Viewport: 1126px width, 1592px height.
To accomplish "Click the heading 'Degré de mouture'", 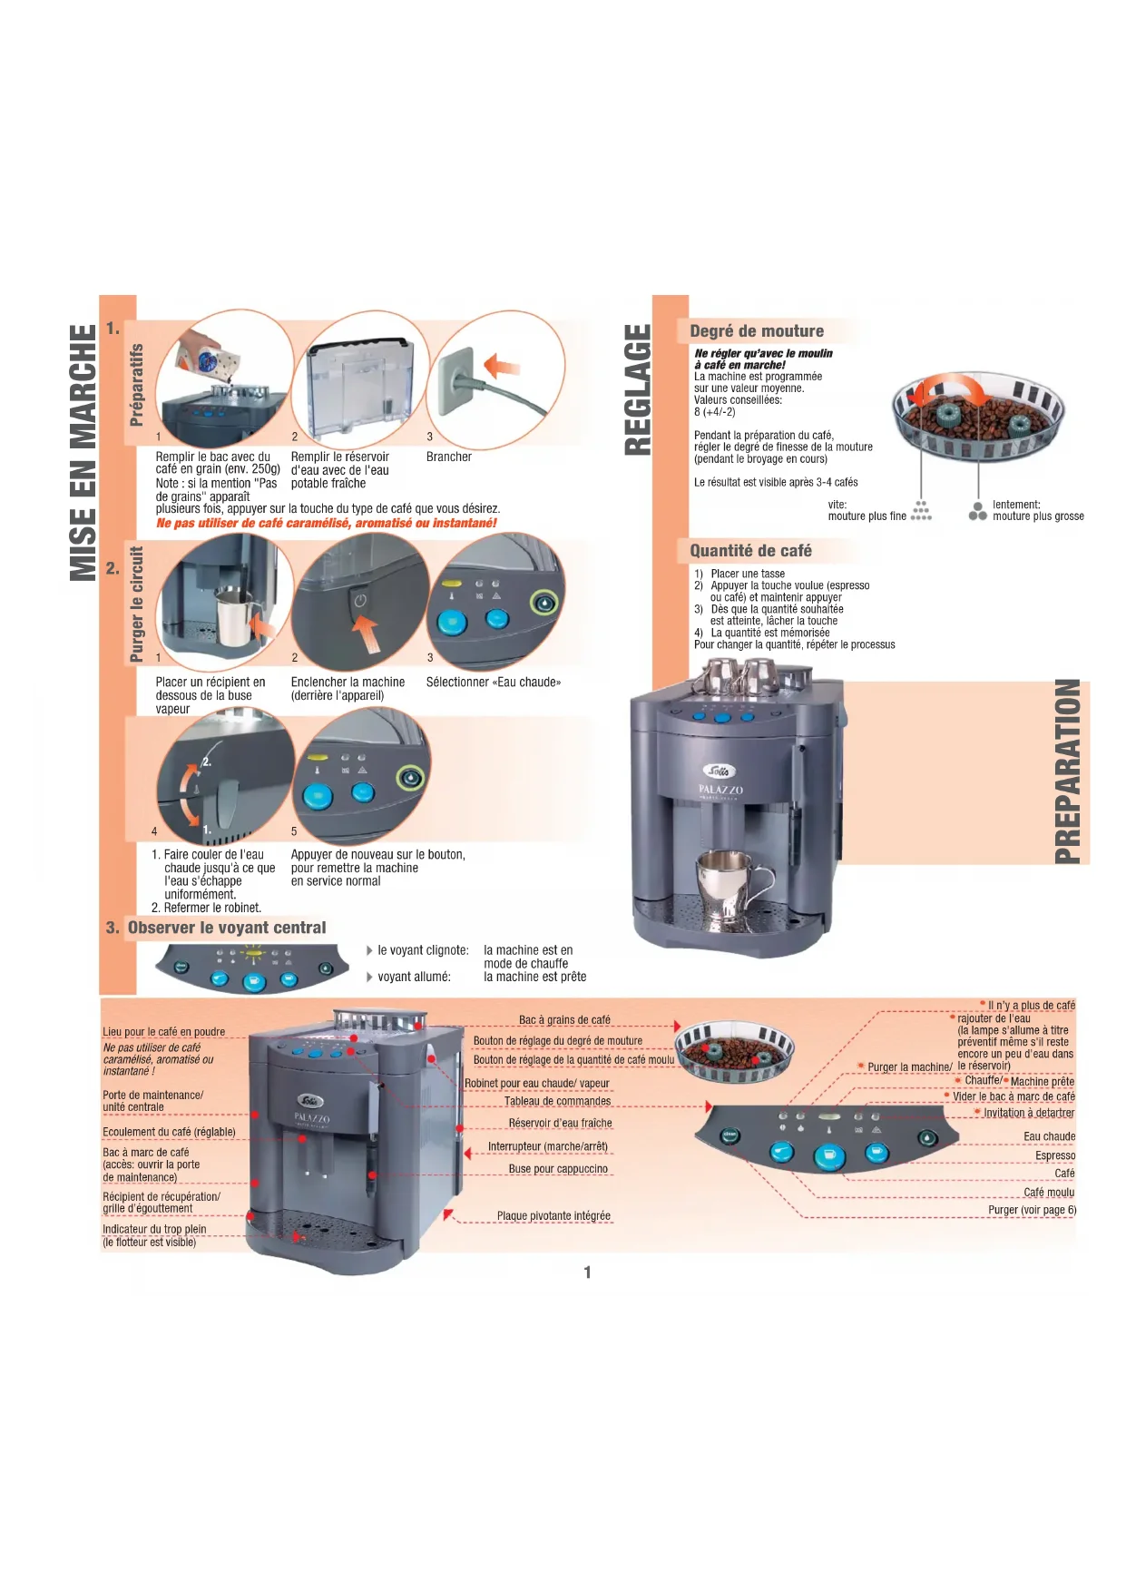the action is pos(757,331).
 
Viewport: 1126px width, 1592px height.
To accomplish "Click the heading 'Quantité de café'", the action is pos(750,551).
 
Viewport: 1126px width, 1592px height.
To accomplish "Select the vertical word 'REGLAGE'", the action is pos(638,389).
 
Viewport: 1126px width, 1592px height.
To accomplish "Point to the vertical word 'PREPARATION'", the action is pos(1069,771).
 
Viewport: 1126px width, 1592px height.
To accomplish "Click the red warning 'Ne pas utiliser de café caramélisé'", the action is pos(327,524).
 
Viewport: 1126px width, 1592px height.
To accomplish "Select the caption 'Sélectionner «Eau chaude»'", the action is pos(494,683).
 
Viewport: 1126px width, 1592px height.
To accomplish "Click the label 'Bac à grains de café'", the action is pos(564,1020).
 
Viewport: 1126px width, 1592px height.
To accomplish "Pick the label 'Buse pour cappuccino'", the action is pos(558,1169).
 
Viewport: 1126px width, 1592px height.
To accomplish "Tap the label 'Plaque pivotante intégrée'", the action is pos(553,1216).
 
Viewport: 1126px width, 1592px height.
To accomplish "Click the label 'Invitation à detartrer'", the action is pos(1029,1113).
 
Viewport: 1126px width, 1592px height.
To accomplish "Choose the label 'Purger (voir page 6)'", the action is pos(1032,1210).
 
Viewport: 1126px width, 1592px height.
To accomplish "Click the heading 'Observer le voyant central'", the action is pos(227,928).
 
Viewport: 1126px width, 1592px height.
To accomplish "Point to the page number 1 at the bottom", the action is pos(587,1273).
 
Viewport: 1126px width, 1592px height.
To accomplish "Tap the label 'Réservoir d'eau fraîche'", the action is pos(560,1124).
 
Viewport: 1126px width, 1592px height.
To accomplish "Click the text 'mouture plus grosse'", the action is pos(1038,516).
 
